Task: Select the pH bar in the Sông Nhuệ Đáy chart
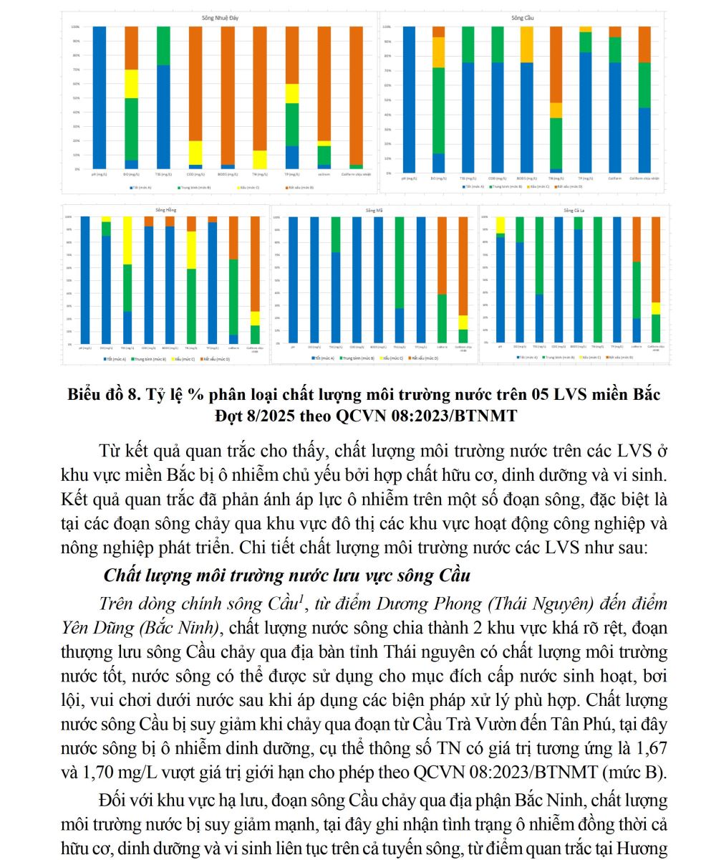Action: coord(99,97)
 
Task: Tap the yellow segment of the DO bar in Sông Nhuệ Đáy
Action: coord(131,84)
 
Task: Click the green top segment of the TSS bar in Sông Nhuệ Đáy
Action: coord(163,45)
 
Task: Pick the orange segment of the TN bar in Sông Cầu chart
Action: coord(556,64)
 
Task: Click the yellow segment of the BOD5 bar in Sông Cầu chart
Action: coord(526,44)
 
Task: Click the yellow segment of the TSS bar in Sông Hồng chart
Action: coord(127,240)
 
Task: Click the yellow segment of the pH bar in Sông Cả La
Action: coord(500,224)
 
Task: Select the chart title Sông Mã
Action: coord(374,211)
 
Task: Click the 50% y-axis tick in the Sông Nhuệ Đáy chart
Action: coord(75,97)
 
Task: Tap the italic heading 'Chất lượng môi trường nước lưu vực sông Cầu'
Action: coord(287,575)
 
